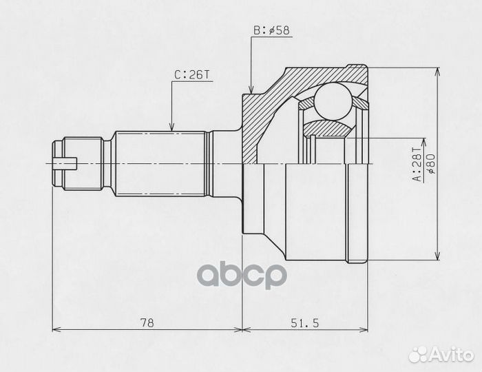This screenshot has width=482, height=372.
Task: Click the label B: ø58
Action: tap(271, 30)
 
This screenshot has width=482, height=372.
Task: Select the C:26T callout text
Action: tap(192, 74)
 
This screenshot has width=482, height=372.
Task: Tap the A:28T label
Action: tap(418, 165)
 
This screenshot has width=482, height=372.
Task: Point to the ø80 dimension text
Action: tap(430, 164)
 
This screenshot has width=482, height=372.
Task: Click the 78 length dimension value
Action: tap(147, 323)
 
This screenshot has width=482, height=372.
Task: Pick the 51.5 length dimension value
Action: tap(304, 323)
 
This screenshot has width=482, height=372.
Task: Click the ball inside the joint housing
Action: tap(333, 101)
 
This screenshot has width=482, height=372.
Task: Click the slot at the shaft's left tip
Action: tap(65, 163)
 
